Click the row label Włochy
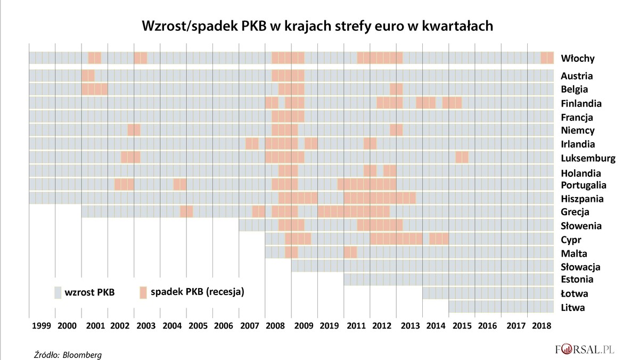click(577, 59)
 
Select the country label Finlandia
click(581, 103)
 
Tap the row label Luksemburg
click(588, 158)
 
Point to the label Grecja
click(575, 212)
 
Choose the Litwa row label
click(573, 307)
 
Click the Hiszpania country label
click(582, 199)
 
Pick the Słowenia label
click(581, 226)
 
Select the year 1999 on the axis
click(42, 325)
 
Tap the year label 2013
click(409, 325)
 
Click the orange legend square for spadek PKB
click(143, 292)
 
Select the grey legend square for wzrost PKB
click(58, 292)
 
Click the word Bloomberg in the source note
click(83, 354)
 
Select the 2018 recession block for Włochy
click(547, 58)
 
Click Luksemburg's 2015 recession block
click(462, 158)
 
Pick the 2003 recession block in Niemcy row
click(134, 130)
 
